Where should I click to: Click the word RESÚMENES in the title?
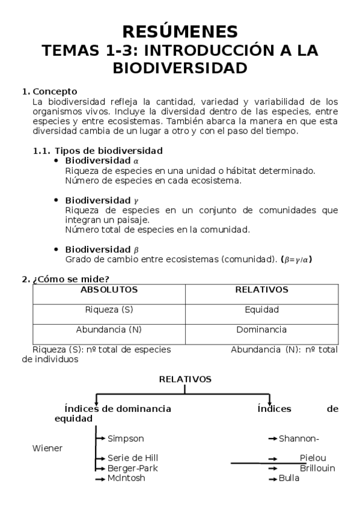tap(180, 31)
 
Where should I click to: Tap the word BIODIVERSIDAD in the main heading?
tap(180, 69)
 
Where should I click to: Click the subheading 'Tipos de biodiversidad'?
tap(108, 151)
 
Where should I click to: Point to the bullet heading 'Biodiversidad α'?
tap(102, 161)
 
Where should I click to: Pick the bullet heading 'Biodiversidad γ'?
tap(102, 200)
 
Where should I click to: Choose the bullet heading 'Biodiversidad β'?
tap(102, 250)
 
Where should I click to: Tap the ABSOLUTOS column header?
tap(109, 290)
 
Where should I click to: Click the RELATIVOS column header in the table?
tap(261, 290)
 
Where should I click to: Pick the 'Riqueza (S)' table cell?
tap(109, 310)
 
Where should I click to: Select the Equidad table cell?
tap(261, 310)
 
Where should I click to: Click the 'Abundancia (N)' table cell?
tap(109, 330)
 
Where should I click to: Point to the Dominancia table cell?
tap(261, 330)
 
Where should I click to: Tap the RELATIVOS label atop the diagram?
tap(185, 379)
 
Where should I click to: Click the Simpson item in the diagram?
tap(126, 438)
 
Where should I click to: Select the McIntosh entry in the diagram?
tap(126, 478)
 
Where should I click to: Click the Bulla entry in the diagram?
tap(289, 478)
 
